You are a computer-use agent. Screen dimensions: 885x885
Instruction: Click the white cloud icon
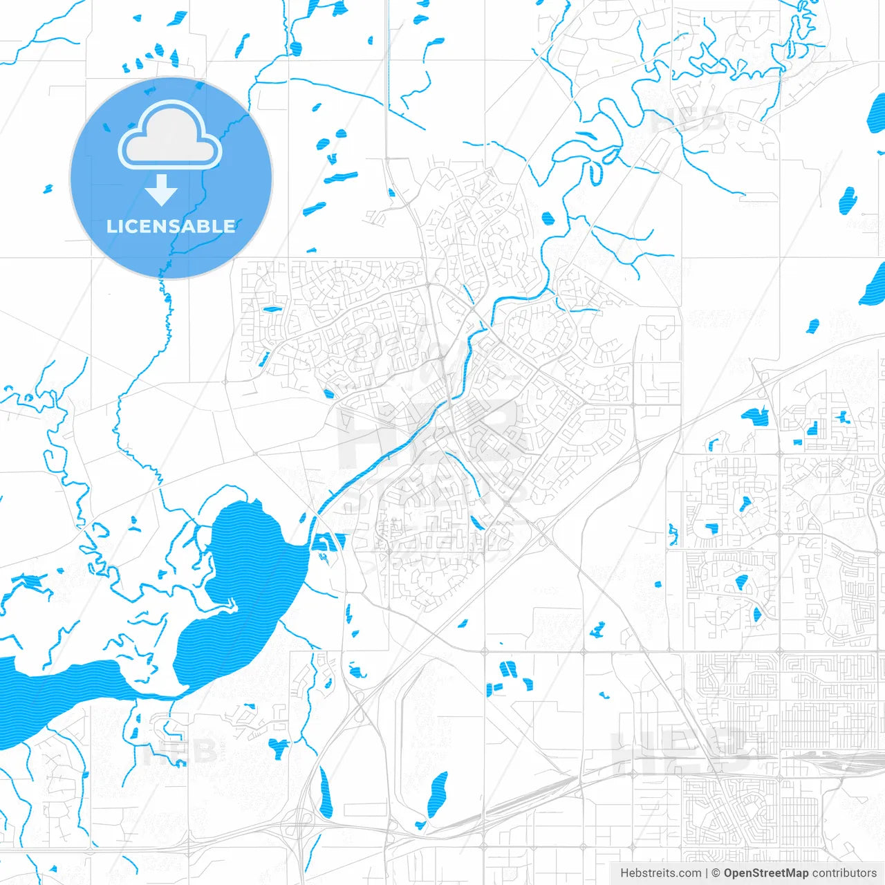tap(170, 136)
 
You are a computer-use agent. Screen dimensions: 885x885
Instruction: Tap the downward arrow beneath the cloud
tap(162, 190)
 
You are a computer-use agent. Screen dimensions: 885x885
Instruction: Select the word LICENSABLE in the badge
tap(171, 226)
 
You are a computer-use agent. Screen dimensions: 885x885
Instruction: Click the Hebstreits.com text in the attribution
tap(660, 873)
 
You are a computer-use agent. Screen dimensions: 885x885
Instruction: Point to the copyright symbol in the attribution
tap(716, 873)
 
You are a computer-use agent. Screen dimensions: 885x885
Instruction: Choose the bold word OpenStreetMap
tap(766, 873)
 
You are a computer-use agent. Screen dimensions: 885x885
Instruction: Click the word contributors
tap(844, 873)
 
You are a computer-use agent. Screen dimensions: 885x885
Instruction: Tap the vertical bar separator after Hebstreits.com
tap(707, 873)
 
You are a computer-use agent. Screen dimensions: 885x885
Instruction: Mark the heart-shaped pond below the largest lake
tap(279, 747)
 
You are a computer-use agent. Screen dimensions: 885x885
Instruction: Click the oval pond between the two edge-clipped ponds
tap(848, 200)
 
